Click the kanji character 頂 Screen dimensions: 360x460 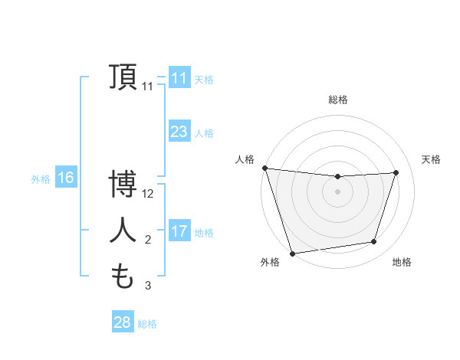[123, 77]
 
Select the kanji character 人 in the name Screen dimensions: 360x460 [123, 231]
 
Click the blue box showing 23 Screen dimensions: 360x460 [179, 132]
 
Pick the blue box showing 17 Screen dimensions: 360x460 [179, 231]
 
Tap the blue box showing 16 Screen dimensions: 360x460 [65, 178]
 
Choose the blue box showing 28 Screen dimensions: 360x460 [122, 322]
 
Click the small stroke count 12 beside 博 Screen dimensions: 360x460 [149, 194]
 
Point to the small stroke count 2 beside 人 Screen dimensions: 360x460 [148, 240]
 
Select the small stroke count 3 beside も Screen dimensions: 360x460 [148, 286]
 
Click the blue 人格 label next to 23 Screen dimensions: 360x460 [204, 133]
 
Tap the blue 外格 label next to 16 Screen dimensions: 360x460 [41, 179]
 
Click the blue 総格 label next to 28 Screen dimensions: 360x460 [147, 323]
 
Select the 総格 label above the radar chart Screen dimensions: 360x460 [337, 100]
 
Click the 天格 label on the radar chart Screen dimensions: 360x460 [431, 159]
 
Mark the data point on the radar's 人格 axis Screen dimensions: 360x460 [264, 168]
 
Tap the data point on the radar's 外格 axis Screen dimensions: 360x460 [292, 253]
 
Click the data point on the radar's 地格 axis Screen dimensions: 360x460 [374, 242]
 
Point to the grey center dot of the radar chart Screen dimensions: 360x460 [337, 191]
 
